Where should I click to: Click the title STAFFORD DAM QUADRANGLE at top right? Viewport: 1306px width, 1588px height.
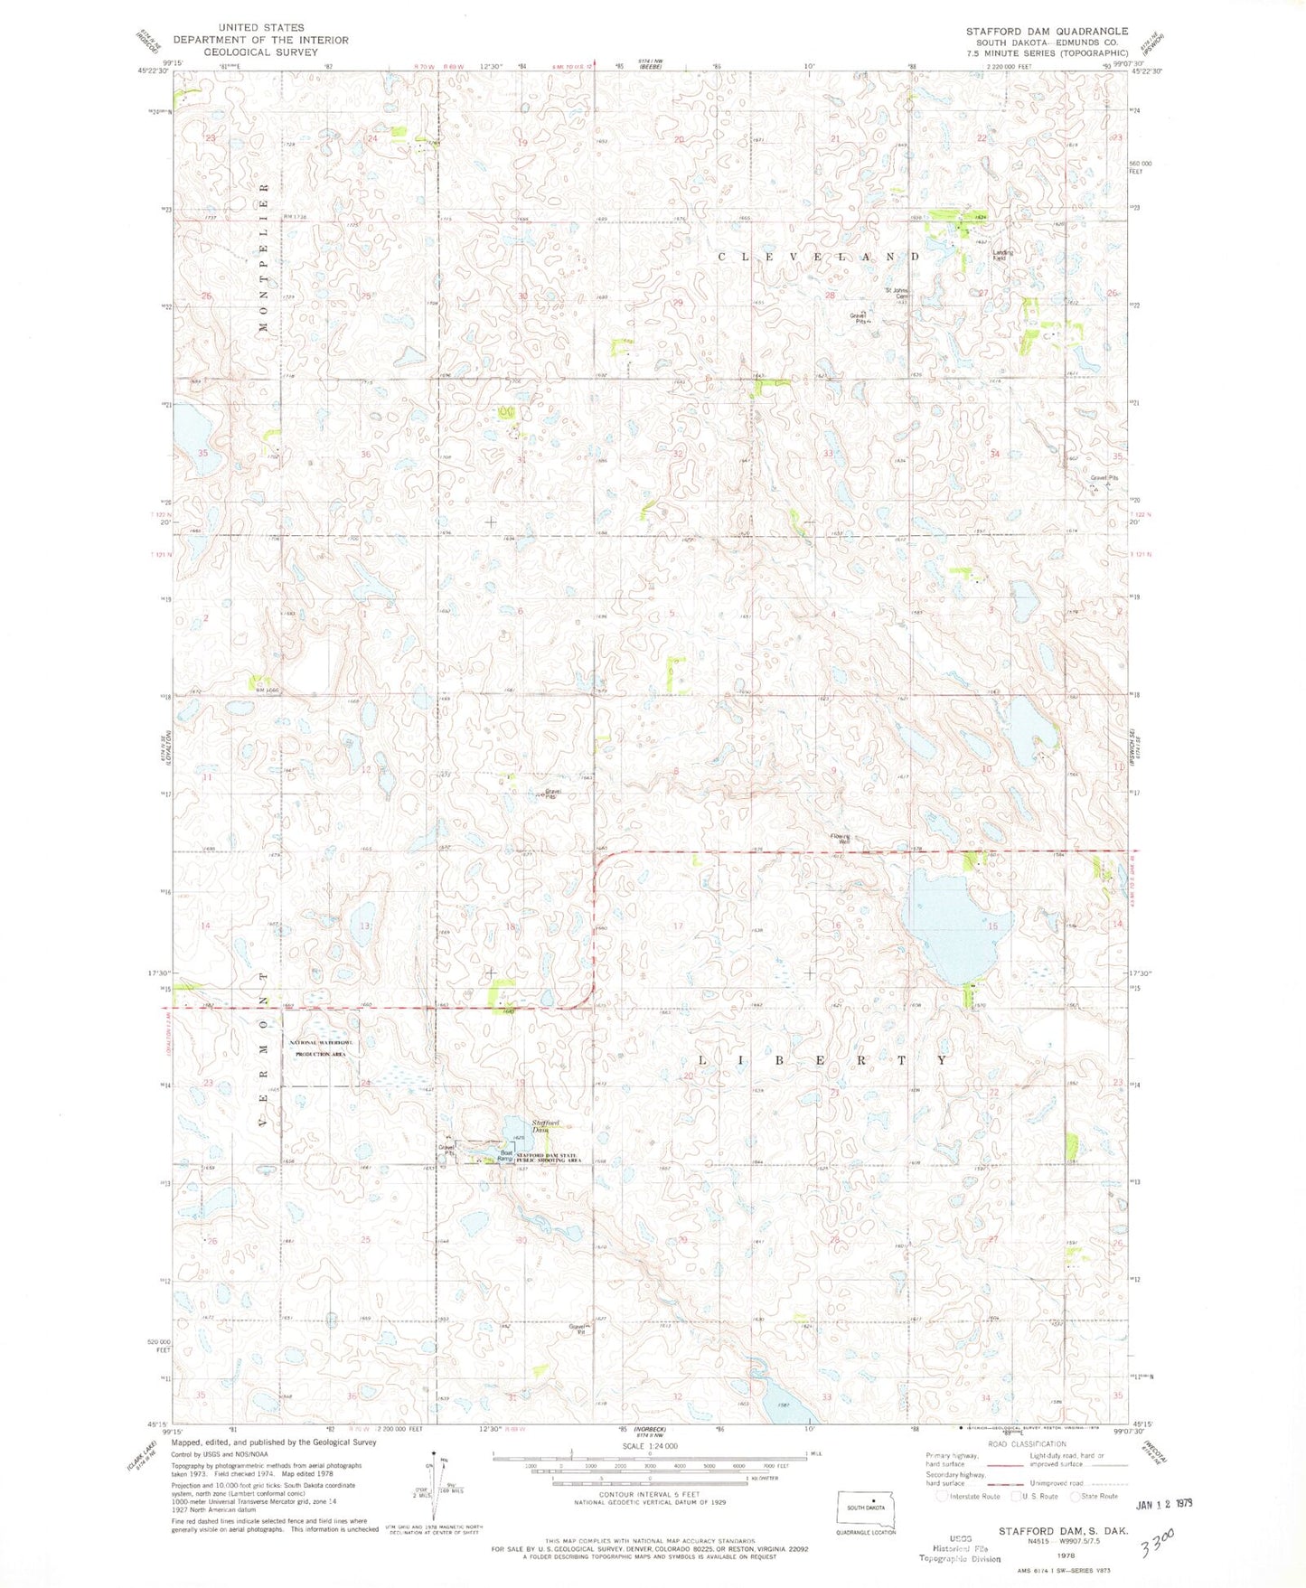(1047, 31)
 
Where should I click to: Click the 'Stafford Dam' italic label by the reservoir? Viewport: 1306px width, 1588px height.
(546, 1126)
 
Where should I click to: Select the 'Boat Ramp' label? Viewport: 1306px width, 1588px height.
(509, 1156)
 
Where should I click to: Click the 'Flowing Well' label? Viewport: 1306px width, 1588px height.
(841, 839)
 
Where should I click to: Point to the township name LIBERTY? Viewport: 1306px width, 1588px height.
(825, 1059)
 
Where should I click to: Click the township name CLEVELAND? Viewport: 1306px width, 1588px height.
(819, 257)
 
